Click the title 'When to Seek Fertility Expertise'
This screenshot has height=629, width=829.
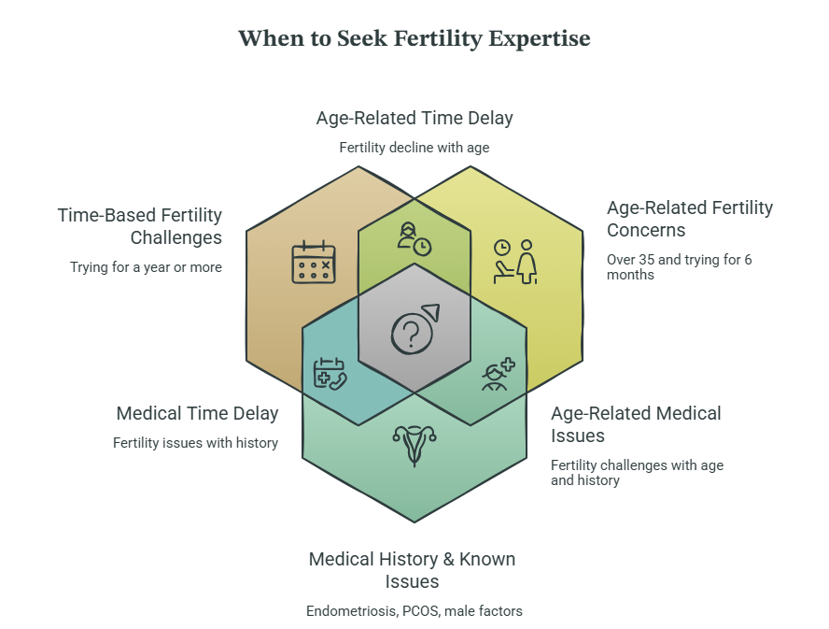click(x=414, y=38)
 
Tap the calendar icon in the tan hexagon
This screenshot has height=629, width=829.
click(x=314, y=262)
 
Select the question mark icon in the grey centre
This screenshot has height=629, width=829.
click(x=415, y=329)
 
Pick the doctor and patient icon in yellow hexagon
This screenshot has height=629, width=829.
click(x=515, y=262)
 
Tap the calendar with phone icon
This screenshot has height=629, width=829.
click(x=330, y=374)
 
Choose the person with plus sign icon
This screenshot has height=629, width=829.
click(x=498, y=374)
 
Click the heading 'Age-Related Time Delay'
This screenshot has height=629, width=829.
click(x=414, y=118)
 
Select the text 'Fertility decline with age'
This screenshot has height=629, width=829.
click(x=414, y=148)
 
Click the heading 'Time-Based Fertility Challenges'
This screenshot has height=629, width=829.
click(x=140, y=226)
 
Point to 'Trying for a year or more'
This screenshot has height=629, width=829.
click(x=146, y=267)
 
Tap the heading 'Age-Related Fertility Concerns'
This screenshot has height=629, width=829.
click(x=689, y=219)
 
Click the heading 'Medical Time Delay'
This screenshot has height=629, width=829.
click(x=197, y=413)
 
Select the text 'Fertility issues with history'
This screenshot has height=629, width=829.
click(x=196, y=443)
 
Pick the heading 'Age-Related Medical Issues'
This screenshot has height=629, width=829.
click(x=636, y=424)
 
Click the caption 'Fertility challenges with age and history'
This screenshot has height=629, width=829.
click(x=637, y=473)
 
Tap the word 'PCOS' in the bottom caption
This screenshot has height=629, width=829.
click(x=421, y=611)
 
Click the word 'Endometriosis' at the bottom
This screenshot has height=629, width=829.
click(x=352, y=611)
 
